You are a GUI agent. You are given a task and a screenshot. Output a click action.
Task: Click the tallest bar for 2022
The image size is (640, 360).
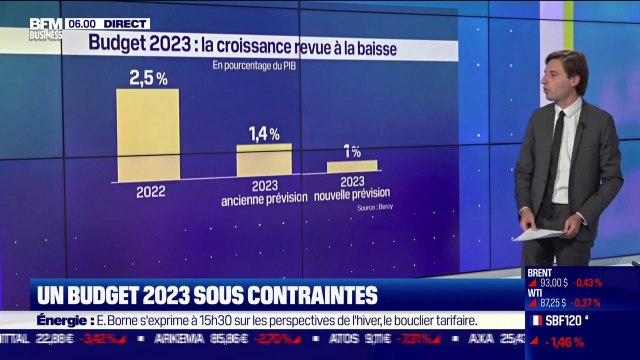click(x=148, y=135)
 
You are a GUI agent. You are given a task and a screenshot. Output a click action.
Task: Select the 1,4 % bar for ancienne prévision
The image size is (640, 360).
click(x=264, y=161)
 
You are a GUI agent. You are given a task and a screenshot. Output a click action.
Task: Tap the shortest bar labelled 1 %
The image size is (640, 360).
click(x=352, y=166)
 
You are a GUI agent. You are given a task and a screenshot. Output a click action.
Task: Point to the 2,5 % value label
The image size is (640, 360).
click(x=148, y=77)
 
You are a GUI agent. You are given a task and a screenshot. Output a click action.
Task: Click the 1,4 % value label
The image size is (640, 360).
click(x=264, y=133)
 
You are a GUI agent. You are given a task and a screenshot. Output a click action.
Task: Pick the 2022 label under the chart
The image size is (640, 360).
click(x=150, y=191)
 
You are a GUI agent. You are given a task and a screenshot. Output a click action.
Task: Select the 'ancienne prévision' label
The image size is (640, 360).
click(x=264, y=200)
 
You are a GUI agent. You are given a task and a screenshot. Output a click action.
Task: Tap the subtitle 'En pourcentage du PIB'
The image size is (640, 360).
click(x=253, y=66)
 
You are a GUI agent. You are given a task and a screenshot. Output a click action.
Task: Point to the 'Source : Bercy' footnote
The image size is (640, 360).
click(x=368, y=211)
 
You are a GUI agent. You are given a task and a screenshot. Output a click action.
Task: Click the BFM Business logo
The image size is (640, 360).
click(x=45, y=27)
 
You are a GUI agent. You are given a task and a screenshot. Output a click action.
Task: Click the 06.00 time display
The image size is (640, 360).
click(x=82, y=23)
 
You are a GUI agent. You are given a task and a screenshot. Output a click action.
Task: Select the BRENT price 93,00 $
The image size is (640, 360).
click(x=553, y=283)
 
